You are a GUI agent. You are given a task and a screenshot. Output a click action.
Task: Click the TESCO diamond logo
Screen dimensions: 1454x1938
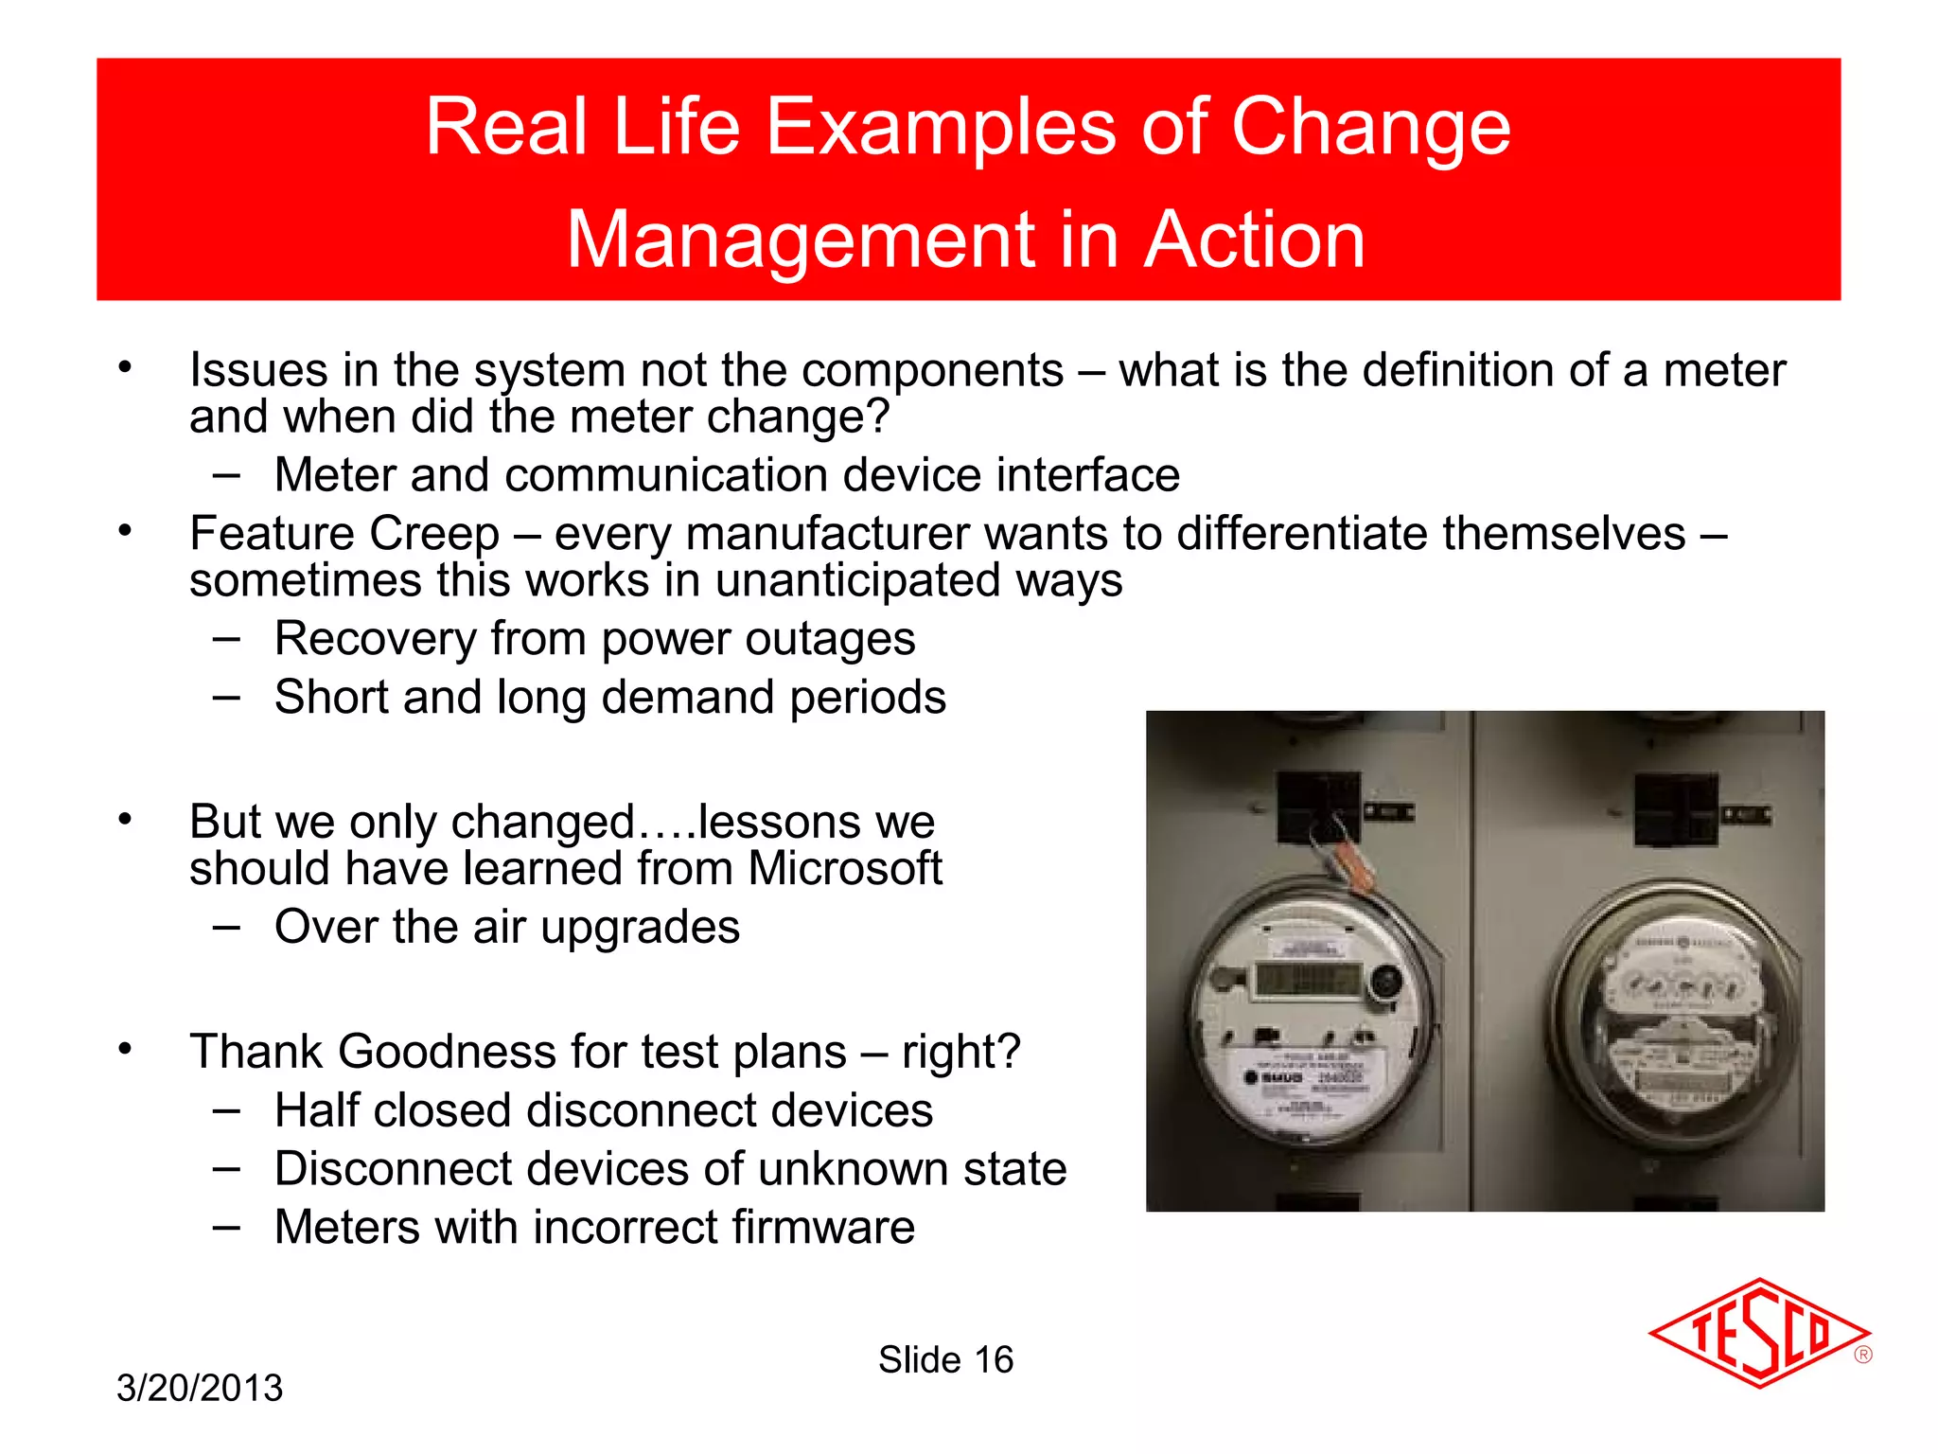point(1758,1333)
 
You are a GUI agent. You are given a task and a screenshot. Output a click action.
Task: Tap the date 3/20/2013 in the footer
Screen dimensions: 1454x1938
point(200,1388)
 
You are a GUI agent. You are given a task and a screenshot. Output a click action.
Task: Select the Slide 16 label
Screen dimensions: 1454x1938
point(945,1359)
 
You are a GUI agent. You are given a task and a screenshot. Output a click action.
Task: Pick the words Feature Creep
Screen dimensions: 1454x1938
point(344,533)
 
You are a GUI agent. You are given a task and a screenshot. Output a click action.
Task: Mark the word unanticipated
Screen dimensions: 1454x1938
point(857,580)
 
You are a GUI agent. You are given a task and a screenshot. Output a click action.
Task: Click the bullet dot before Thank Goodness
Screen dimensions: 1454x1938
point(125,1049)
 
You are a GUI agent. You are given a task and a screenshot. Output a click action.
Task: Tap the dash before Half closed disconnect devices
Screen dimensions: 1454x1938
point(226,1109)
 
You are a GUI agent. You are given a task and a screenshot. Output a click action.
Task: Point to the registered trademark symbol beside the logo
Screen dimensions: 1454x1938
point(1862,1355)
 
